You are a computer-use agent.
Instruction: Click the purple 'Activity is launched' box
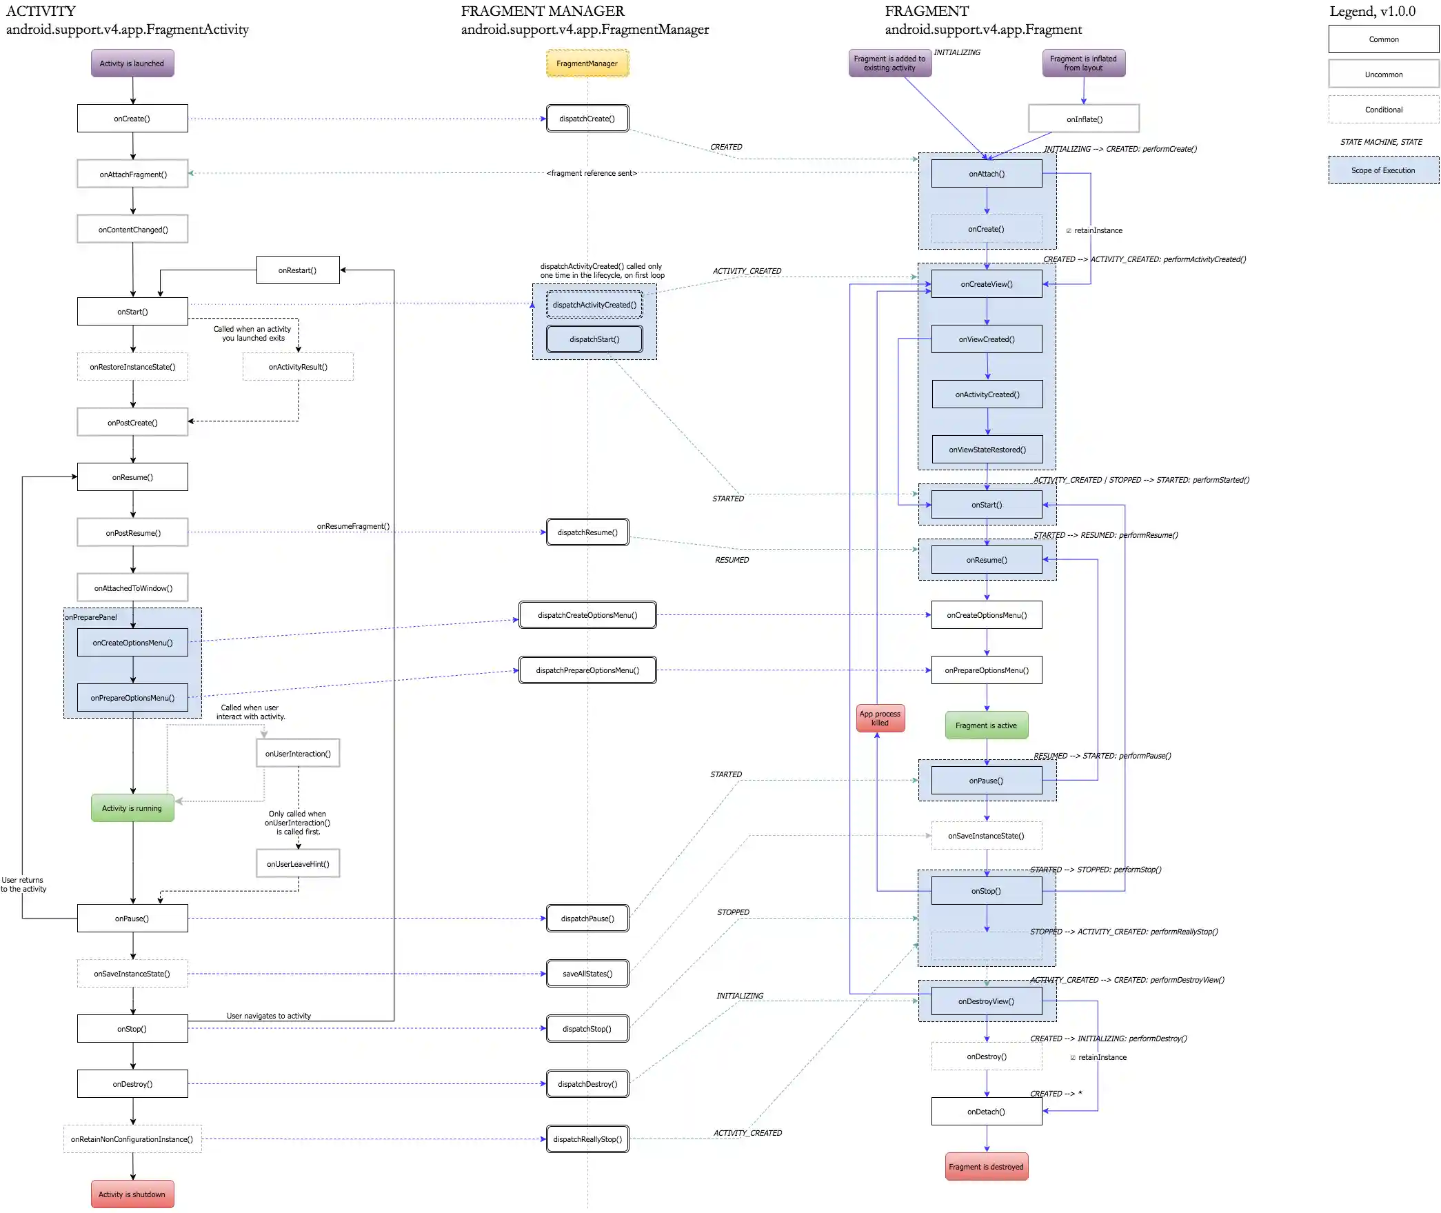tap(132, 63)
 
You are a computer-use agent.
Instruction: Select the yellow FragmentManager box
tap(587, 63)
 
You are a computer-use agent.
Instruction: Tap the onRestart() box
tap(298, 270)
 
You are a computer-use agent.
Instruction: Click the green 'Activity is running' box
tap(132, 808)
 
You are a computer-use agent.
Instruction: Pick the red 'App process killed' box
tap(880, 719)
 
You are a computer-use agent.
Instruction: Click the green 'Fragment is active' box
tap(986, 725)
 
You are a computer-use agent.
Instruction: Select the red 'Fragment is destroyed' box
tap(986, 1167)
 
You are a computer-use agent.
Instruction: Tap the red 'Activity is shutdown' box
tap(132, 1194)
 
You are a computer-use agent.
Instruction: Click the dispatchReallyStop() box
tap(587, 1139)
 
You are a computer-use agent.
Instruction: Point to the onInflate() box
tap(1084, 119)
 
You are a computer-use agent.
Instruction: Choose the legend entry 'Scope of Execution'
tap(1383, 170)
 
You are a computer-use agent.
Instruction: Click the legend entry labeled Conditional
tap(1383, 110)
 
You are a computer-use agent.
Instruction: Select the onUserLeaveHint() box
tap(298, 863)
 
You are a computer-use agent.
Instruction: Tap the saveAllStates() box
tap(587, 974)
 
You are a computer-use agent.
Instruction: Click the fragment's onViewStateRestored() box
tap(987, 450)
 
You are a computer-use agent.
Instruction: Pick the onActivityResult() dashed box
tap(298, 367)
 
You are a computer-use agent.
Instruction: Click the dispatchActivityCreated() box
tap(594, 305)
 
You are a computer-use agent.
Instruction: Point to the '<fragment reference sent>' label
tap(592, 173)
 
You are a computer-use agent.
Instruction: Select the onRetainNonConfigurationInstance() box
tap(132, 1139)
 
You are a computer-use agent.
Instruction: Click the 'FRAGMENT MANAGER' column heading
tap(543, 11)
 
